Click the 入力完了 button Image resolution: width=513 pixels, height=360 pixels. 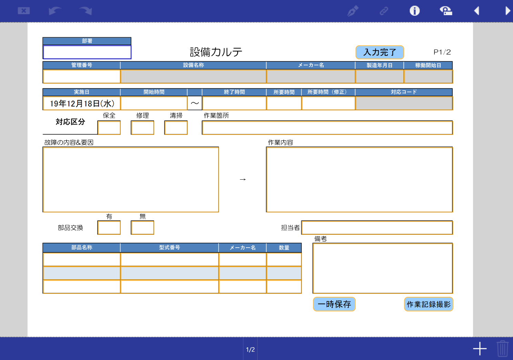(x=380, y=52)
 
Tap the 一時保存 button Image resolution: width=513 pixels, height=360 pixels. (x=334, y=304)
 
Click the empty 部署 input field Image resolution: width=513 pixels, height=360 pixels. (x=87, y=52)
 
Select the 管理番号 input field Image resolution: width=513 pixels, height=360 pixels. (x=82, y=77)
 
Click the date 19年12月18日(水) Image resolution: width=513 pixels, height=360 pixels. (x=82, y=103)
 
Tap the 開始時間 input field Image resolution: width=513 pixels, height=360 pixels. (x=154, y=103)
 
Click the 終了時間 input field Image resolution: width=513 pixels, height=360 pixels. (x=234, y=103)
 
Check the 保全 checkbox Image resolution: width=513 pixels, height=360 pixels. (x=109, y=128)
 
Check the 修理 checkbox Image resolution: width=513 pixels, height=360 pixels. (x=142, y=128)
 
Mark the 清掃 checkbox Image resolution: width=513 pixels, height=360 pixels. (x=176, y=128)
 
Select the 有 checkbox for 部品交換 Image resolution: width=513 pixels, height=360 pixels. (x=109, y=228)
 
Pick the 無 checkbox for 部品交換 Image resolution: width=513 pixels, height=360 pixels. (x=142, y=228)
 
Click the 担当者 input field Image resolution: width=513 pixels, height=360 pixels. (x=377, y=228)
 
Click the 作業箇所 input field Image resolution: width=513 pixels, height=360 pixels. (x=327, y=128)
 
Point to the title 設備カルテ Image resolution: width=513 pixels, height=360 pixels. (x=216, y=52)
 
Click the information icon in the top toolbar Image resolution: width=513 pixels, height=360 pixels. (x=414, y=11)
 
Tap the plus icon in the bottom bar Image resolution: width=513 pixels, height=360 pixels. (x=480, y=349)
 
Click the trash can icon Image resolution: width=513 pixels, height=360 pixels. (x=502, y=349)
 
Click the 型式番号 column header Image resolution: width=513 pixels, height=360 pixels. (x=169, y=248)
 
